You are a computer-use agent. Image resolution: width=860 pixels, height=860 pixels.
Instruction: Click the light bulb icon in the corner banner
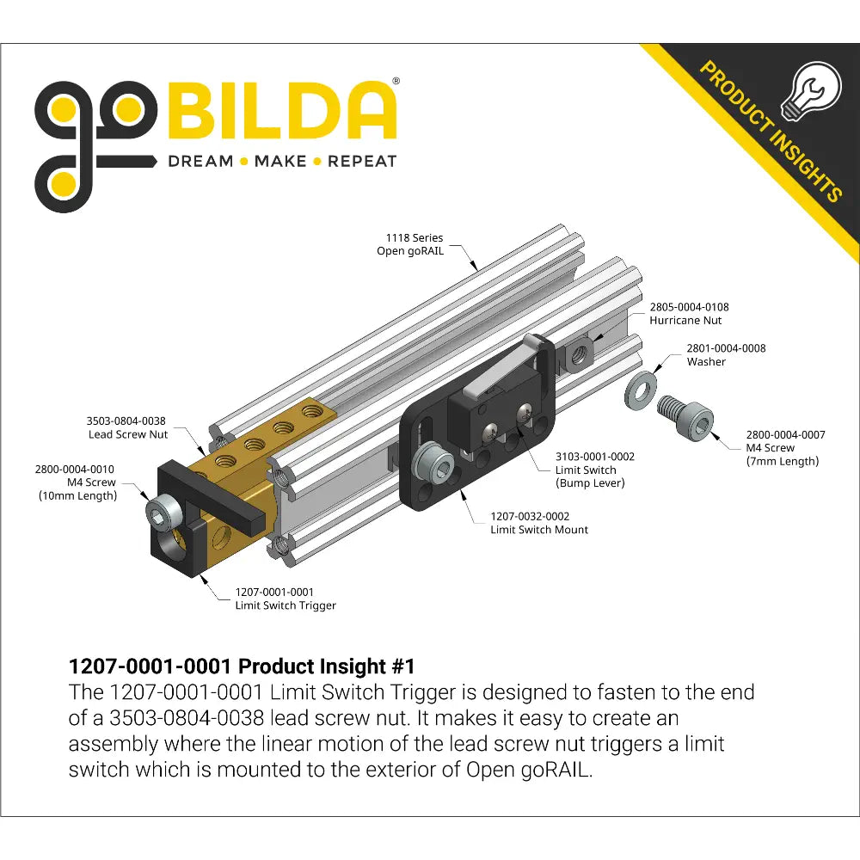[x=811, y=92]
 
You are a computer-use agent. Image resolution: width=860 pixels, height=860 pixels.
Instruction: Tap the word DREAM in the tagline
[x=200, y=162]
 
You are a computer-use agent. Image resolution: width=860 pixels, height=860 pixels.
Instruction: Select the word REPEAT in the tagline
[x=362, y=162]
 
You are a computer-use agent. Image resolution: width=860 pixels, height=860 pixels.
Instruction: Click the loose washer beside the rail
[x=642, y=390]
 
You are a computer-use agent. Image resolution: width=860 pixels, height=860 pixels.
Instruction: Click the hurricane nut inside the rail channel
[x=576, y=356]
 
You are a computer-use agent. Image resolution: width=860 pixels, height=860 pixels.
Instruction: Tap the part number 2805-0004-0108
[x=690, y=307]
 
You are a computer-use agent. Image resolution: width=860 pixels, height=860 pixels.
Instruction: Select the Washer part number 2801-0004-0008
[x=726, y=348]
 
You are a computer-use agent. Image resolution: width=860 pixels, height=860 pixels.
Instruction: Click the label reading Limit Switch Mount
[x=539, y=530]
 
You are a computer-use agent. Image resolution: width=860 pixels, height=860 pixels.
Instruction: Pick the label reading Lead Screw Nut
[x=128, y=434]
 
